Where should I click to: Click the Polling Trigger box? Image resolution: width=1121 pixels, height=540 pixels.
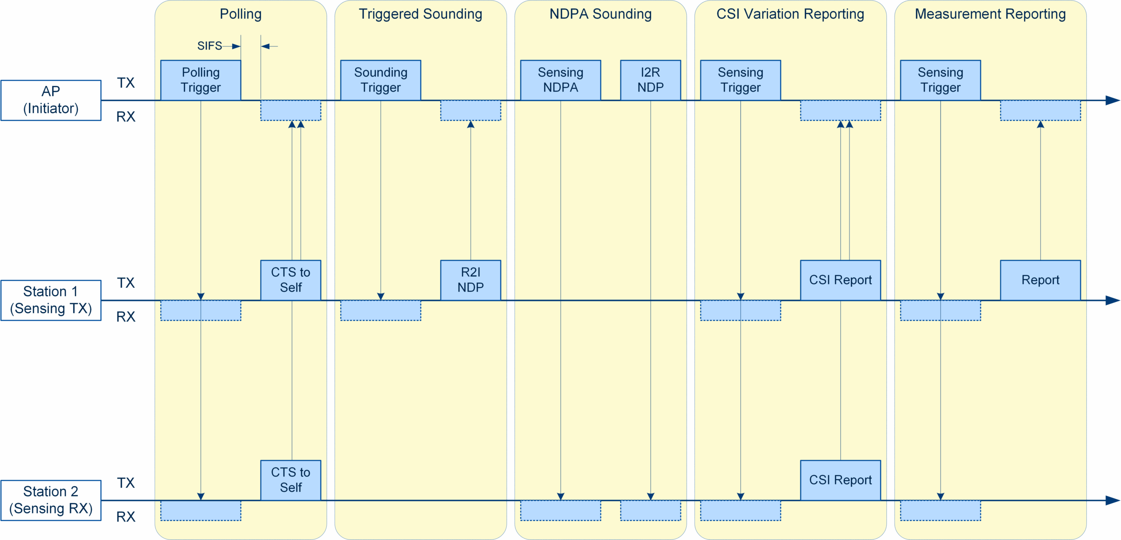pyautogui.click(x=201, y=80)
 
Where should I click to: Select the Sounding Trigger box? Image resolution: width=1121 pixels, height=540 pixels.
pyautogui.click(x=381, y=80)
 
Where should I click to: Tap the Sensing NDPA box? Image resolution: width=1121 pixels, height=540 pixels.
pyautogui.click(x=560, y=80)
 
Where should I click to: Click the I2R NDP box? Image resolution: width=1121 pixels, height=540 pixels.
pyautogui.click(x=650, y=80)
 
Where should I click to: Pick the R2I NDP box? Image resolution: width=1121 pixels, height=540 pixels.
pyautogui.click(x=470, y=280)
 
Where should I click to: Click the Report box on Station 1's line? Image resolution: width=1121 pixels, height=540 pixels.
pyautogui.click(x=1040, y=280)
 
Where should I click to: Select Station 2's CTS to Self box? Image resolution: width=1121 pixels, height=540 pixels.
pyautogui.click(x=290, y=480)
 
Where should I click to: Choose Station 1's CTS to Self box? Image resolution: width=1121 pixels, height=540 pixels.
pyautogui.click(x=290, y=280)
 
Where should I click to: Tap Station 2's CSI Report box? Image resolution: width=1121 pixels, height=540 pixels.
pyautogui.click(x=840, y=480)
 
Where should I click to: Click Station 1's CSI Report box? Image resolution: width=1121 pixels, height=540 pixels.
pyautogui.click(x=840, y=280)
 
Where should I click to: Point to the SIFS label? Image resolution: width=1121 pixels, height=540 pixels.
pyautogui.click(x=209, y=46)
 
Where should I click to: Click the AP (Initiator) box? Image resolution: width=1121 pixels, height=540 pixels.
pyautogui.click(x=51, y=100)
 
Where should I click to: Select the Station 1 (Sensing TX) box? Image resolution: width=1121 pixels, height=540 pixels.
pyautogui.click(x=51, y=300)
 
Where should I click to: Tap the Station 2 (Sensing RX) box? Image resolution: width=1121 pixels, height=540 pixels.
pyautogui.click(x=51, y=500)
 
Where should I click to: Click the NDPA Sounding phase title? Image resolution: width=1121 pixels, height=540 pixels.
pyautogui.click(x=600, y=14)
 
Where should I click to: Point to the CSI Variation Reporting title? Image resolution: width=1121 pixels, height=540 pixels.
pyautogui.click(x=790, y=14)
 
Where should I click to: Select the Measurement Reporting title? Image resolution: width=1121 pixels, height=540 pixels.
pyautogui.click(x=990, y=14)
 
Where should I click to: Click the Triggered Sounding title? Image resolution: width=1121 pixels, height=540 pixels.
pyautogui.click(x=420, y=14)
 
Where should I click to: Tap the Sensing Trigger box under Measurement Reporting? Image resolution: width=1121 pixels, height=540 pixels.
pyautogui.click(x=940, y=80)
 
